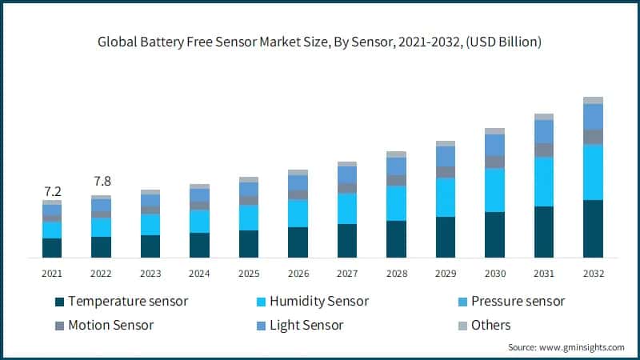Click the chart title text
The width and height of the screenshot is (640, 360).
tap(320, 42)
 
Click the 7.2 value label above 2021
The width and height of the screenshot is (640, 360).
tap(52, 191)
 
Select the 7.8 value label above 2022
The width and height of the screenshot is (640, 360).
tap(101, 181)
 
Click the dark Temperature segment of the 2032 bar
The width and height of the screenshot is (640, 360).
tap(593, 229)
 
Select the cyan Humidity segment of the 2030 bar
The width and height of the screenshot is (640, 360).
tap(494, 190)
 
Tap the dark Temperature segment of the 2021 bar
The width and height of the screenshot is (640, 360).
tap(52, 248)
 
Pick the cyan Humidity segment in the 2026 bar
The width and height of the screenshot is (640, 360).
tap(298, 213)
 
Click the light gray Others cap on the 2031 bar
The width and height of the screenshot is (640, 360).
tap(544, 117)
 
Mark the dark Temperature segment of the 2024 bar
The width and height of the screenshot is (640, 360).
tap(199, 245)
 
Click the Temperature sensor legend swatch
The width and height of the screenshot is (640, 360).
tap(58, 302)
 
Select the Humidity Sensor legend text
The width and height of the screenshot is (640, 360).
tap(318, 302)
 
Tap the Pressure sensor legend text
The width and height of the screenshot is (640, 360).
tap(518, 302)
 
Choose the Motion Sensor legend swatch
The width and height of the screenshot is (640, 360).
tap(58, 326)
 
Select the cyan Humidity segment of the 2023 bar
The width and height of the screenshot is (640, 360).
tap(150, 224)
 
